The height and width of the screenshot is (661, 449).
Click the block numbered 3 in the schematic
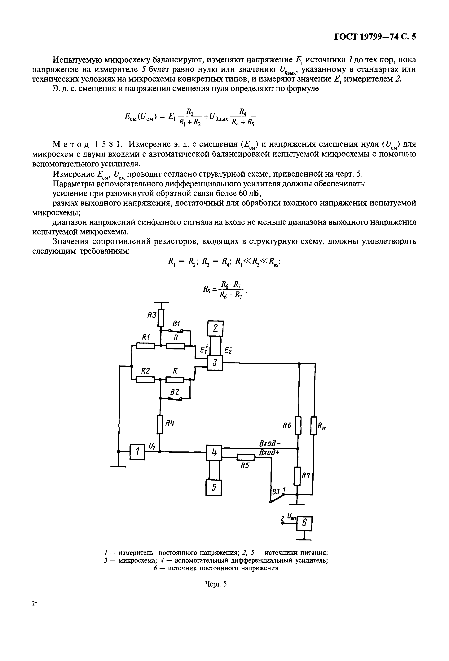(x=215, y=363)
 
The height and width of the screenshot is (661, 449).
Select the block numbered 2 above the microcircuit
(x=215, y=329)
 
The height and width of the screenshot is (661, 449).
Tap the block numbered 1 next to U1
(x=137, y=452)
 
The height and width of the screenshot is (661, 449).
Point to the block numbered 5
(x=213, y=487)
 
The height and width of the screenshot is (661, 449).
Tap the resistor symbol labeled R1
(x=146, y=346)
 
